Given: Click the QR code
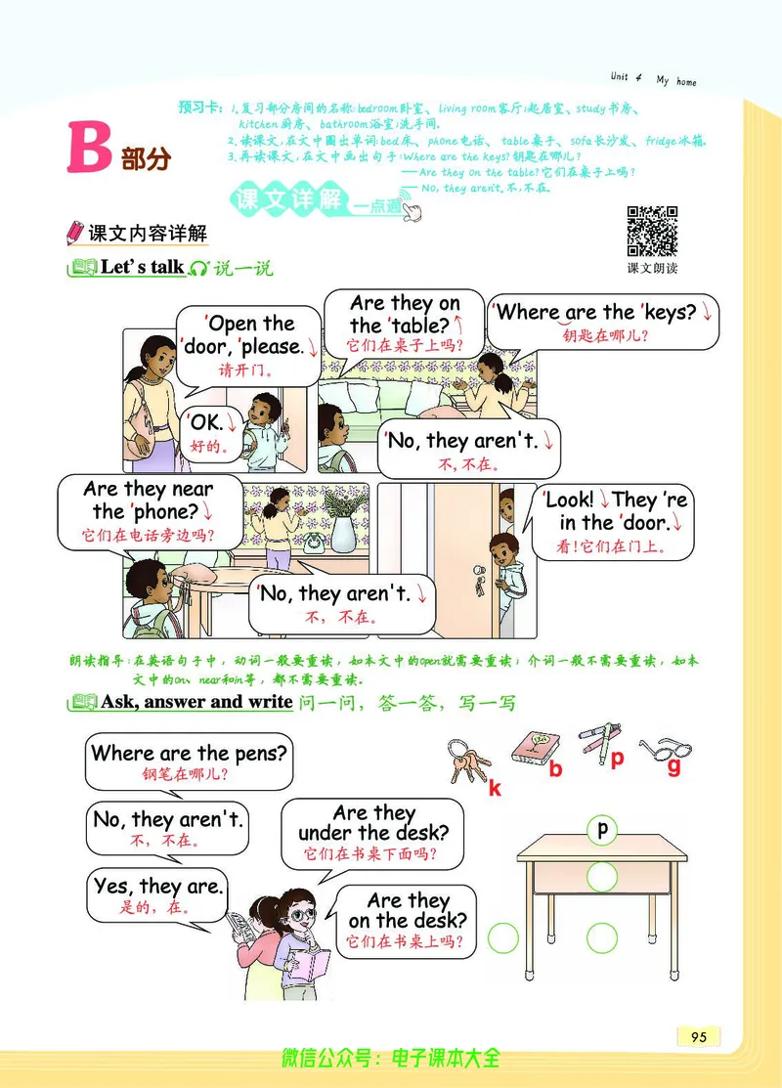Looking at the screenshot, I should pyautogui.click(x=652, y=231).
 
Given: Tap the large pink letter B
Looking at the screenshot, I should pyautogui.click(x=89, y=149).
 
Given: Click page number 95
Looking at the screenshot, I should pyautogui.click(x=698, y=1037).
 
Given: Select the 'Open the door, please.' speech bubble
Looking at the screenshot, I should pyautogui.click(x=250, y=343).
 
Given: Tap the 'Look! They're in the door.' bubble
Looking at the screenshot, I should pyautogui.click(x=617, y=522).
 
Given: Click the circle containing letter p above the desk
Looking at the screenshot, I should pyautogui.click(x=602, y=830).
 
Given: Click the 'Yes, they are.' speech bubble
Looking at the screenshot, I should pyautogui.click(x=158, y=893).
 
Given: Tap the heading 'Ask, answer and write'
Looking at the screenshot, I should pyautogui.click(x=195, y=701).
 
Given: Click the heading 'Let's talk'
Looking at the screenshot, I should pyautogui.click(x=142, y=266).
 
